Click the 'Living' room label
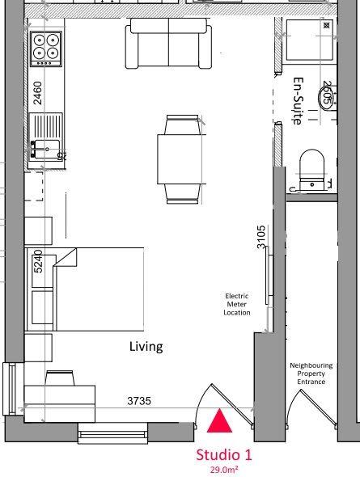146,347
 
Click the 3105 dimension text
261,239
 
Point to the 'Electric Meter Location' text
237,304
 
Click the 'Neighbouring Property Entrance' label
311,374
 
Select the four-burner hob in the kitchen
45,49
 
